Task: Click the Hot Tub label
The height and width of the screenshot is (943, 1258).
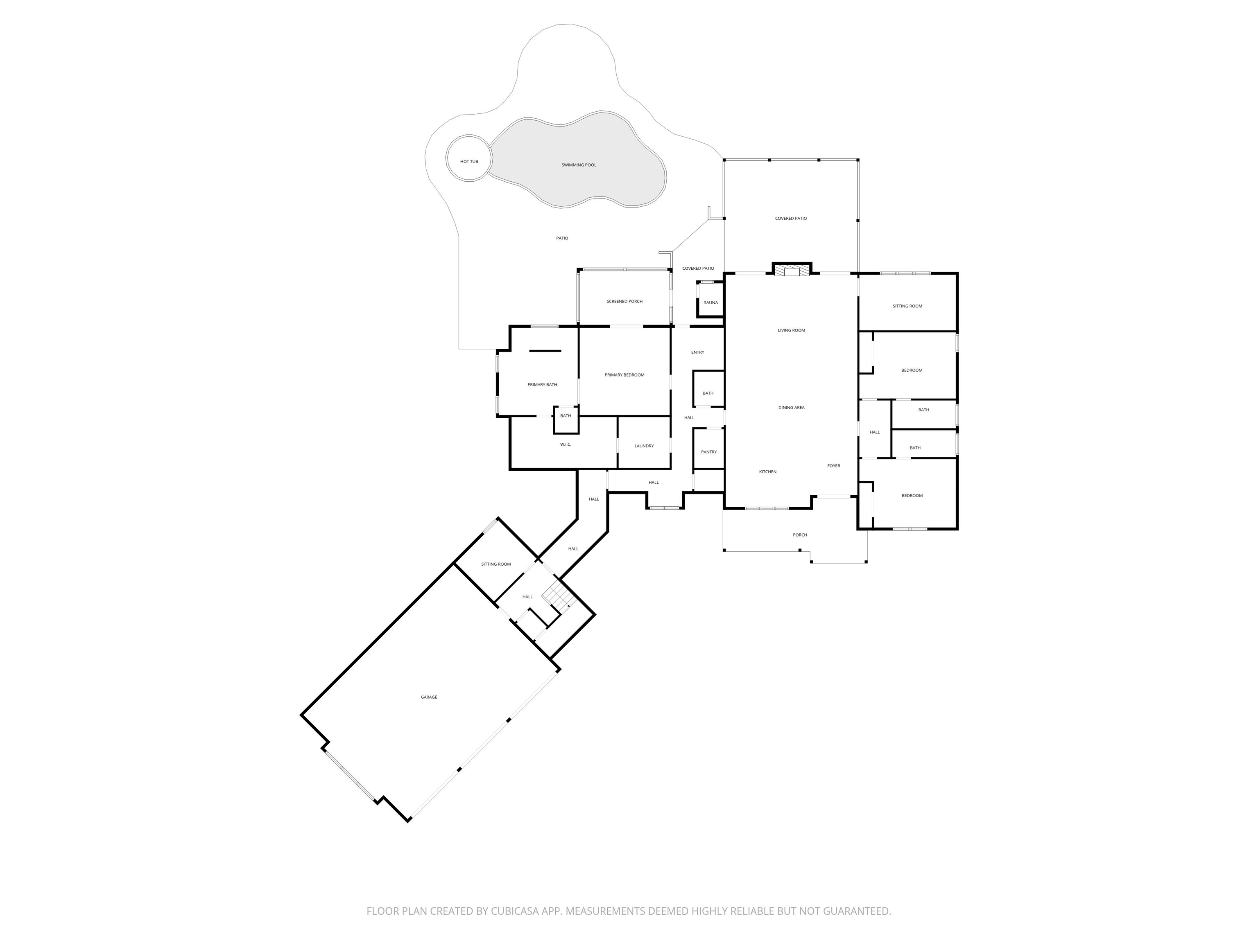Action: tap(469, 161)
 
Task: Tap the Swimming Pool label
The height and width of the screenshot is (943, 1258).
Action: tap(579, 165)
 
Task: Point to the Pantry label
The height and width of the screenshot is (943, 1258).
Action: tap(708, 452)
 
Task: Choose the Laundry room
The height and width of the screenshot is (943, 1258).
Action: tap(644, 443)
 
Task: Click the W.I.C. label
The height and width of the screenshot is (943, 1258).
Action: tap(565, 444)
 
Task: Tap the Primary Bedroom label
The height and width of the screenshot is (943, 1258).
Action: tap(624, 375)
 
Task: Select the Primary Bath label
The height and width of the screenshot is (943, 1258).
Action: tap(542, 385)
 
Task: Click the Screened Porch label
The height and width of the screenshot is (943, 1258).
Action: tap(624, 301)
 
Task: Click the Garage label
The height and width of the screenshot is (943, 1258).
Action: tap(429, 697)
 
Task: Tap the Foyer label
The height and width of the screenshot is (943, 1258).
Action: tap(834, 466)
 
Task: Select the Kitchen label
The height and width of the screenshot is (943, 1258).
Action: tap(768, 472)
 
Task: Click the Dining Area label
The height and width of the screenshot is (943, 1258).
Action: tap(792, 408)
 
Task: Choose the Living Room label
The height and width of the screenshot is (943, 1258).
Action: tap(792, 330)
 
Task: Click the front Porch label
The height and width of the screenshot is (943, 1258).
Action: tap(800, 535)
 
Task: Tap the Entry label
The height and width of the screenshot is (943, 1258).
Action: tap(698, 352)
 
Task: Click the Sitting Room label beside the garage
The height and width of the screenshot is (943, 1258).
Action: tap(496, 564)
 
